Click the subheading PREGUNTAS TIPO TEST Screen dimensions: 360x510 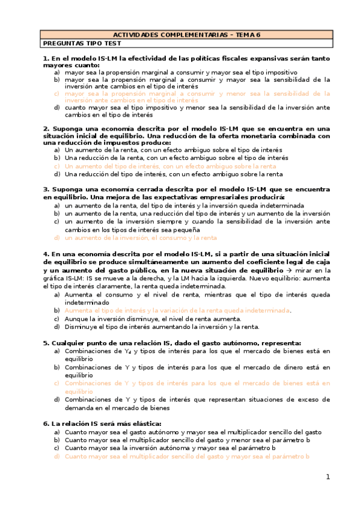82,43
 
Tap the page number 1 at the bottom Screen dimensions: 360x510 328,477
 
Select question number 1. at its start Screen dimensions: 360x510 45,58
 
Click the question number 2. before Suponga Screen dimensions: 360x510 45,128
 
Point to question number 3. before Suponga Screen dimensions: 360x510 45,188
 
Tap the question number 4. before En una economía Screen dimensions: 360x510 45,255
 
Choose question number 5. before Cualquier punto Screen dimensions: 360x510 45,342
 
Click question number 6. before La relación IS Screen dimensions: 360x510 45,423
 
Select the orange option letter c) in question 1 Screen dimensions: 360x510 56,94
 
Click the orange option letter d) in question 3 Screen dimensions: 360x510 56,238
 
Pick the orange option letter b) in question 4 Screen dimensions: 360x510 56,310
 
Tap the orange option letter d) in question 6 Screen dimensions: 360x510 56,456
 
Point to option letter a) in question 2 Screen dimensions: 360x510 56,149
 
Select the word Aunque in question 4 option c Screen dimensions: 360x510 76,319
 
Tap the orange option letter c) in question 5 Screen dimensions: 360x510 56,382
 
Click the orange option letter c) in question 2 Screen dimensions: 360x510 56,166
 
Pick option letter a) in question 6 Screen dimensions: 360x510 56,432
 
